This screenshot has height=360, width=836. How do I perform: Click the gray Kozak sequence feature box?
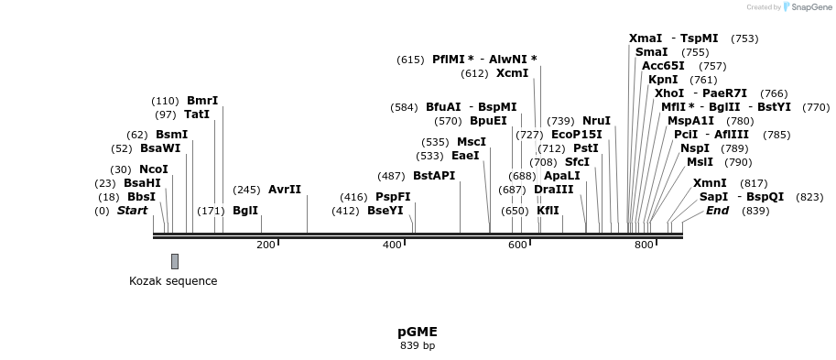(x=175, y=261)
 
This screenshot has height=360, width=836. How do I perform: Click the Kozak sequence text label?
(x=173, y=281)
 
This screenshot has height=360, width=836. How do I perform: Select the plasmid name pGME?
(x=418, y=332)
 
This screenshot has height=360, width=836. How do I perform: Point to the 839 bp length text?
(x=418, y=346)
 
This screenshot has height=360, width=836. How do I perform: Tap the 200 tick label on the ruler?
(x=266, y=245)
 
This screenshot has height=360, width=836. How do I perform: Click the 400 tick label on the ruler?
(x=392, y=245)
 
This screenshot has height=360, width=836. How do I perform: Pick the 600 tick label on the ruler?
(x=517, y=245)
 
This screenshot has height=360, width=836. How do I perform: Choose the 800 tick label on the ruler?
(x=644, y=245)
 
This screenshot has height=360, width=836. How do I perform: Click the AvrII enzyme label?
(x=285, y=190)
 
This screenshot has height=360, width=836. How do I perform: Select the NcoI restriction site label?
(x=154, y=169)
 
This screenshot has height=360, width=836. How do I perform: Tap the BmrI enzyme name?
(x=202, y=101)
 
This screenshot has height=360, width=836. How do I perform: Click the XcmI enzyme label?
(x=513, y=73)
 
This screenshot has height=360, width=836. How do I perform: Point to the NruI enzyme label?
(x=596, y=121)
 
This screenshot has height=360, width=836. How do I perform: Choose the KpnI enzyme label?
(x=663, y=80)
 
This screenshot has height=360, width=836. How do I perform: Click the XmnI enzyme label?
(x=710, y=183)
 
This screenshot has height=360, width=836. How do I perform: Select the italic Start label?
(x=132, y=211)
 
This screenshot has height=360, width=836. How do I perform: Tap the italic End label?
(x=717, y=211)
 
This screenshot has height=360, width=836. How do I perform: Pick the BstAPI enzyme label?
(x=434, y=176)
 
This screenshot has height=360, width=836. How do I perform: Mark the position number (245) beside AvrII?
(x=247, y=190)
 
